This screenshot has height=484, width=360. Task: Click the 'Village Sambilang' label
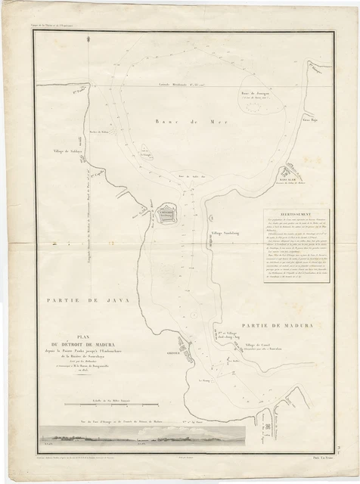[227, 234]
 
